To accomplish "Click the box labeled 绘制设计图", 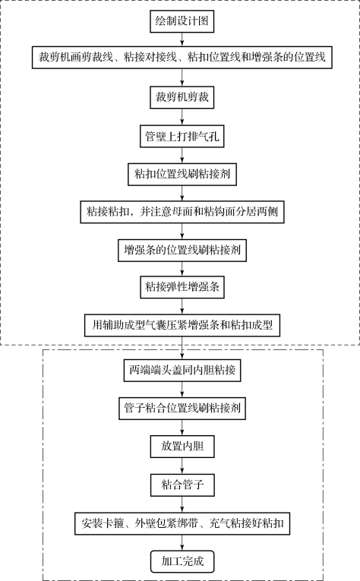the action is pos(182,21).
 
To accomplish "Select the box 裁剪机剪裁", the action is pos(182,97).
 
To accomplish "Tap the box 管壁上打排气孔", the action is pos(182,137).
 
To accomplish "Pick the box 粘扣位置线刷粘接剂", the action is pos(182,174).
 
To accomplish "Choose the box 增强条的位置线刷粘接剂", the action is pos(182,251).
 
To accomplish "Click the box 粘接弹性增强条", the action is pos(182,287).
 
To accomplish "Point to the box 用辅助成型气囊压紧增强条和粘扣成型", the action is pos(182,325).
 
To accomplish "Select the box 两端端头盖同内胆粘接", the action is pos(182,370).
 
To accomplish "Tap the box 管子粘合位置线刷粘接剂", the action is pos(182,409).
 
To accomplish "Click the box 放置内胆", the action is pos(182,447).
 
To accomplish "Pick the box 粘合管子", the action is pos(182,485).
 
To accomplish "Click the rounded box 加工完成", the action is pos(182,562).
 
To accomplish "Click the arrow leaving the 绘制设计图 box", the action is pos(182,39).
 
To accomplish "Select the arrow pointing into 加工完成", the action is pos(182,543).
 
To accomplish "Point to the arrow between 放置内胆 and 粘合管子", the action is pos(182,466).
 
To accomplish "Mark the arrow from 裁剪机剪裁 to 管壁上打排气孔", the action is pos(182,117).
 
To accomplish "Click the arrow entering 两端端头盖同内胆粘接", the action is pos(182,348).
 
